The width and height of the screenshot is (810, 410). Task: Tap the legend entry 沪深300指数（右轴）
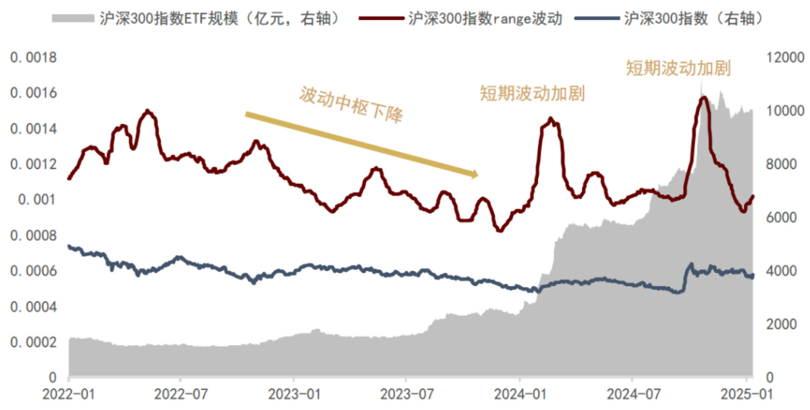tap(692, 18)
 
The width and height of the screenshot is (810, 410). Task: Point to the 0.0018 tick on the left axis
tap(33, 58)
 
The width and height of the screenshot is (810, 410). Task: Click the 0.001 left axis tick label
tap(38, 200)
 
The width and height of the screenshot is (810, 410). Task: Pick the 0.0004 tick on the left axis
tap(33, 306)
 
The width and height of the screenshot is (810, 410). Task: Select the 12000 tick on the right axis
tap(784, 58)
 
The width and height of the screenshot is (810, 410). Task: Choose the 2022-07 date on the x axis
tap(180, 392)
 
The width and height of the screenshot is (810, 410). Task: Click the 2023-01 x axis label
tap(293, 392)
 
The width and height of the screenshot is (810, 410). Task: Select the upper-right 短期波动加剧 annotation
tap(678, 68)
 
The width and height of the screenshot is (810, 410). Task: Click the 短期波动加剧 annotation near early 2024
tap(532, 94)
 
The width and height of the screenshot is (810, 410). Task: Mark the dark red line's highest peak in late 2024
tap(704, 97)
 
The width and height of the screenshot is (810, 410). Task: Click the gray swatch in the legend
tap(73, 18)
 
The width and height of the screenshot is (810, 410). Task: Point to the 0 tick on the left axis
tap(53, 378)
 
